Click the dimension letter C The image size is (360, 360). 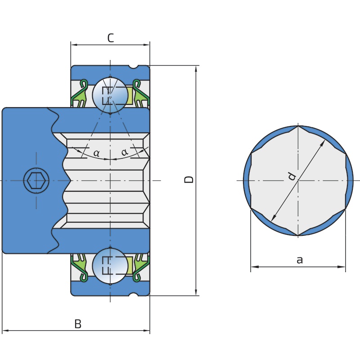(111, 38)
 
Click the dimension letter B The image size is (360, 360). (78, 324)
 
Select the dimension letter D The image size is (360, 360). (189, 180)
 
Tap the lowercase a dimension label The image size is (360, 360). (300, 260)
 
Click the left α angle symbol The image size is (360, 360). (97, 153)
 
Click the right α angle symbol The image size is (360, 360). (125, 152)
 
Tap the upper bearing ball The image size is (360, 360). (110, 95)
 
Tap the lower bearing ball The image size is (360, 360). (110, 266)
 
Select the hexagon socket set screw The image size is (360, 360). (36, 180)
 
